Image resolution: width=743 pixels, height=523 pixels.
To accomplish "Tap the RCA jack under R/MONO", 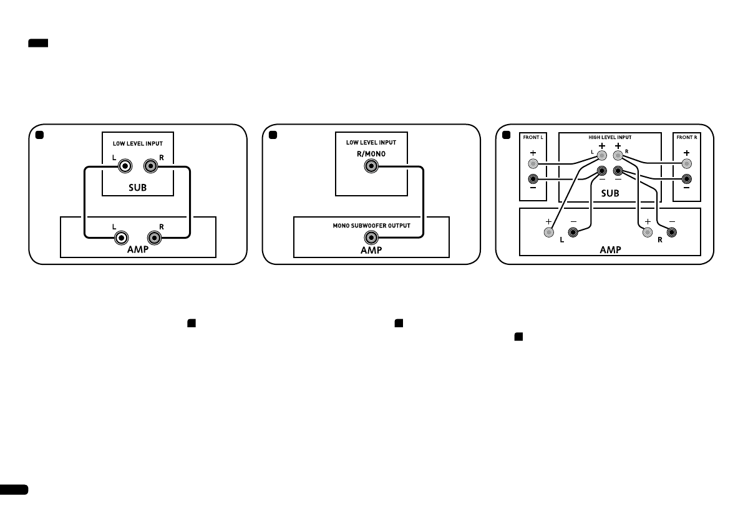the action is coord(371,167).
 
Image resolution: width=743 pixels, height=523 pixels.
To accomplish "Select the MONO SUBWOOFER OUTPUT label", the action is coord(371,226).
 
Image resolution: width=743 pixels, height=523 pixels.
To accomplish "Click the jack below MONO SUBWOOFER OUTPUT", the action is coord(371,238).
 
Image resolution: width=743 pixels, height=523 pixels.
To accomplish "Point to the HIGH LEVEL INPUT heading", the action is coord(609,137).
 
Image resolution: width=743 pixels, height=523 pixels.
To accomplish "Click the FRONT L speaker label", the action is coord(532,137).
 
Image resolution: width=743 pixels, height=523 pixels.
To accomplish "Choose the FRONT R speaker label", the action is coord(686,137).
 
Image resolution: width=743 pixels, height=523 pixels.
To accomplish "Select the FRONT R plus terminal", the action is coord(686,164).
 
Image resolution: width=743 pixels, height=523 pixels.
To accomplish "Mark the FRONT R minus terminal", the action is coord(686,181).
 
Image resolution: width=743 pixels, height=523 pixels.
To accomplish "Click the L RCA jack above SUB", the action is coord(126,166).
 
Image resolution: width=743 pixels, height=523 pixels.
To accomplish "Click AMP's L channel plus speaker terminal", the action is coord(548,233).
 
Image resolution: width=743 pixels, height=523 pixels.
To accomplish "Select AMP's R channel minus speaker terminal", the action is coord(671,233).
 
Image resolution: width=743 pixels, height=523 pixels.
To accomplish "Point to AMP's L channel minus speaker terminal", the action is coord(573,233).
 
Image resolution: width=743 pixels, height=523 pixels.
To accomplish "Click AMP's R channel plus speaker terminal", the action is coord(647,233).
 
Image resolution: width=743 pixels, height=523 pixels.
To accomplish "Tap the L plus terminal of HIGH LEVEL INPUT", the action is coord(601,156).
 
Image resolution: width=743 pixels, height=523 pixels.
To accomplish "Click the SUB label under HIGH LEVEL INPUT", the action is coord(609,193).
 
